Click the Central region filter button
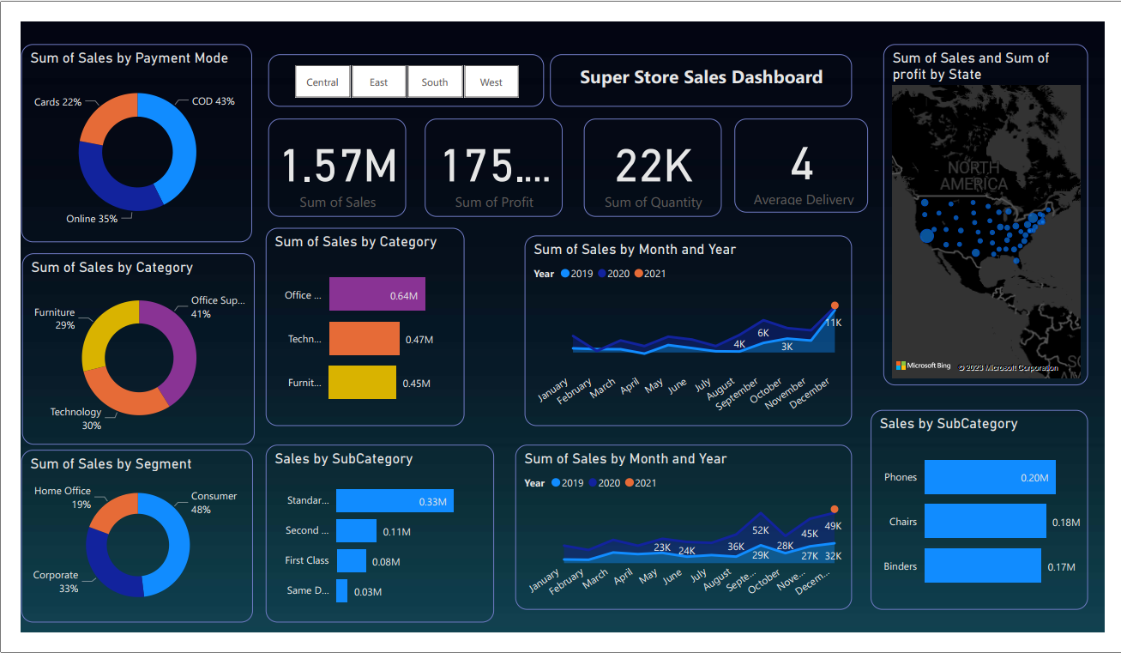[x=322, y=82]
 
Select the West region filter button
[x=491, y=82]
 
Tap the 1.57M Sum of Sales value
[x=339, y=165]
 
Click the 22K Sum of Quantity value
[x=653, y=166]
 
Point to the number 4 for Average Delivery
[x=801, y=164]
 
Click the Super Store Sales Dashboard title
[x=701, y=77]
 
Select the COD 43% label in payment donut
[x=213, y=101]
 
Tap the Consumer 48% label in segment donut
[x=214, y=503]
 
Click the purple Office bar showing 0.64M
[x=377, y=294]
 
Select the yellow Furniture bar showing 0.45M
[x=362, y=383]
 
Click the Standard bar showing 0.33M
[x=394, y=501]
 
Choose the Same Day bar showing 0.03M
[x=341, y=591]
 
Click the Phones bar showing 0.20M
[x=989, y=477]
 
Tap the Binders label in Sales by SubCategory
[x=900, y=566]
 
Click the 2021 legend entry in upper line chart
[x=649, y=274]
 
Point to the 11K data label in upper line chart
[x=833, y=323]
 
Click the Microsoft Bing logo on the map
[x=923, y=366]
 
